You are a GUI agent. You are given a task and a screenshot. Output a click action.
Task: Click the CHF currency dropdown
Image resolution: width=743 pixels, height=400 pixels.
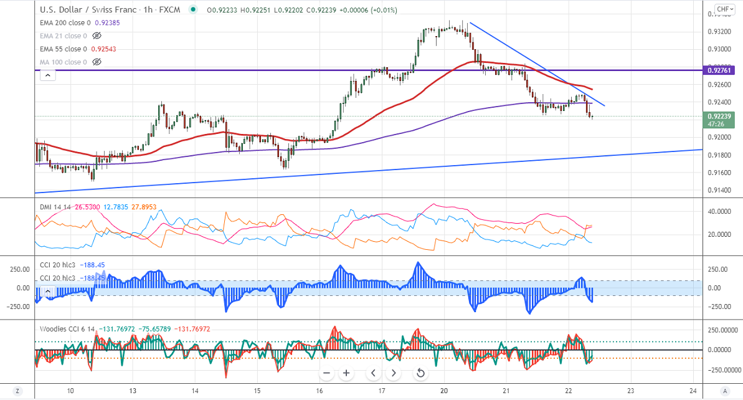point(724,9)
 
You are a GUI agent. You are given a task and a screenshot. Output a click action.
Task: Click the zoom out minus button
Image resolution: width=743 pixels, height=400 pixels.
point(326,373)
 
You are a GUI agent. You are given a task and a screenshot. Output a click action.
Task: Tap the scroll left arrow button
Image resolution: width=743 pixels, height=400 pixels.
point(373,373)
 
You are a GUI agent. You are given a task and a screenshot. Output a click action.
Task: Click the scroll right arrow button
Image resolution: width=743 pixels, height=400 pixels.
point(394,373)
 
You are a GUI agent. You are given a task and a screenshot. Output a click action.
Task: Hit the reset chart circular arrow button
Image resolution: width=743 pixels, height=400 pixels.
point(420,373)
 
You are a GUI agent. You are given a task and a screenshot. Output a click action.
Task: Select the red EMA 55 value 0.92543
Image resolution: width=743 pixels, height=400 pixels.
point(103,49)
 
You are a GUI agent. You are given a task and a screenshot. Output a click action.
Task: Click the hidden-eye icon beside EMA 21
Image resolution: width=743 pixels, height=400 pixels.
point(97,36)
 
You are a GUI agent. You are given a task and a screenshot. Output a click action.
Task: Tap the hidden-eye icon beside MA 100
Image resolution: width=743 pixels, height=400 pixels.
point(97,62)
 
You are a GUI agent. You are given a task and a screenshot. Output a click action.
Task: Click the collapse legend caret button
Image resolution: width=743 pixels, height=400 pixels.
point(47,75)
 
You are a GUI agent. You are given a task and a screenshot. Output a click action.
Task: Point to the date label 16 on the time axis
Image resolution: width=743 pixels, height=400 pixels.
point(319,391)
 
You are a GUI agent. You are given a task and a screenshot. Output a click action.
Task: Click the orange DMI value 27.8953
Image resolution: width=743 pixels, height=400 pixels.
point(146,206)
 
